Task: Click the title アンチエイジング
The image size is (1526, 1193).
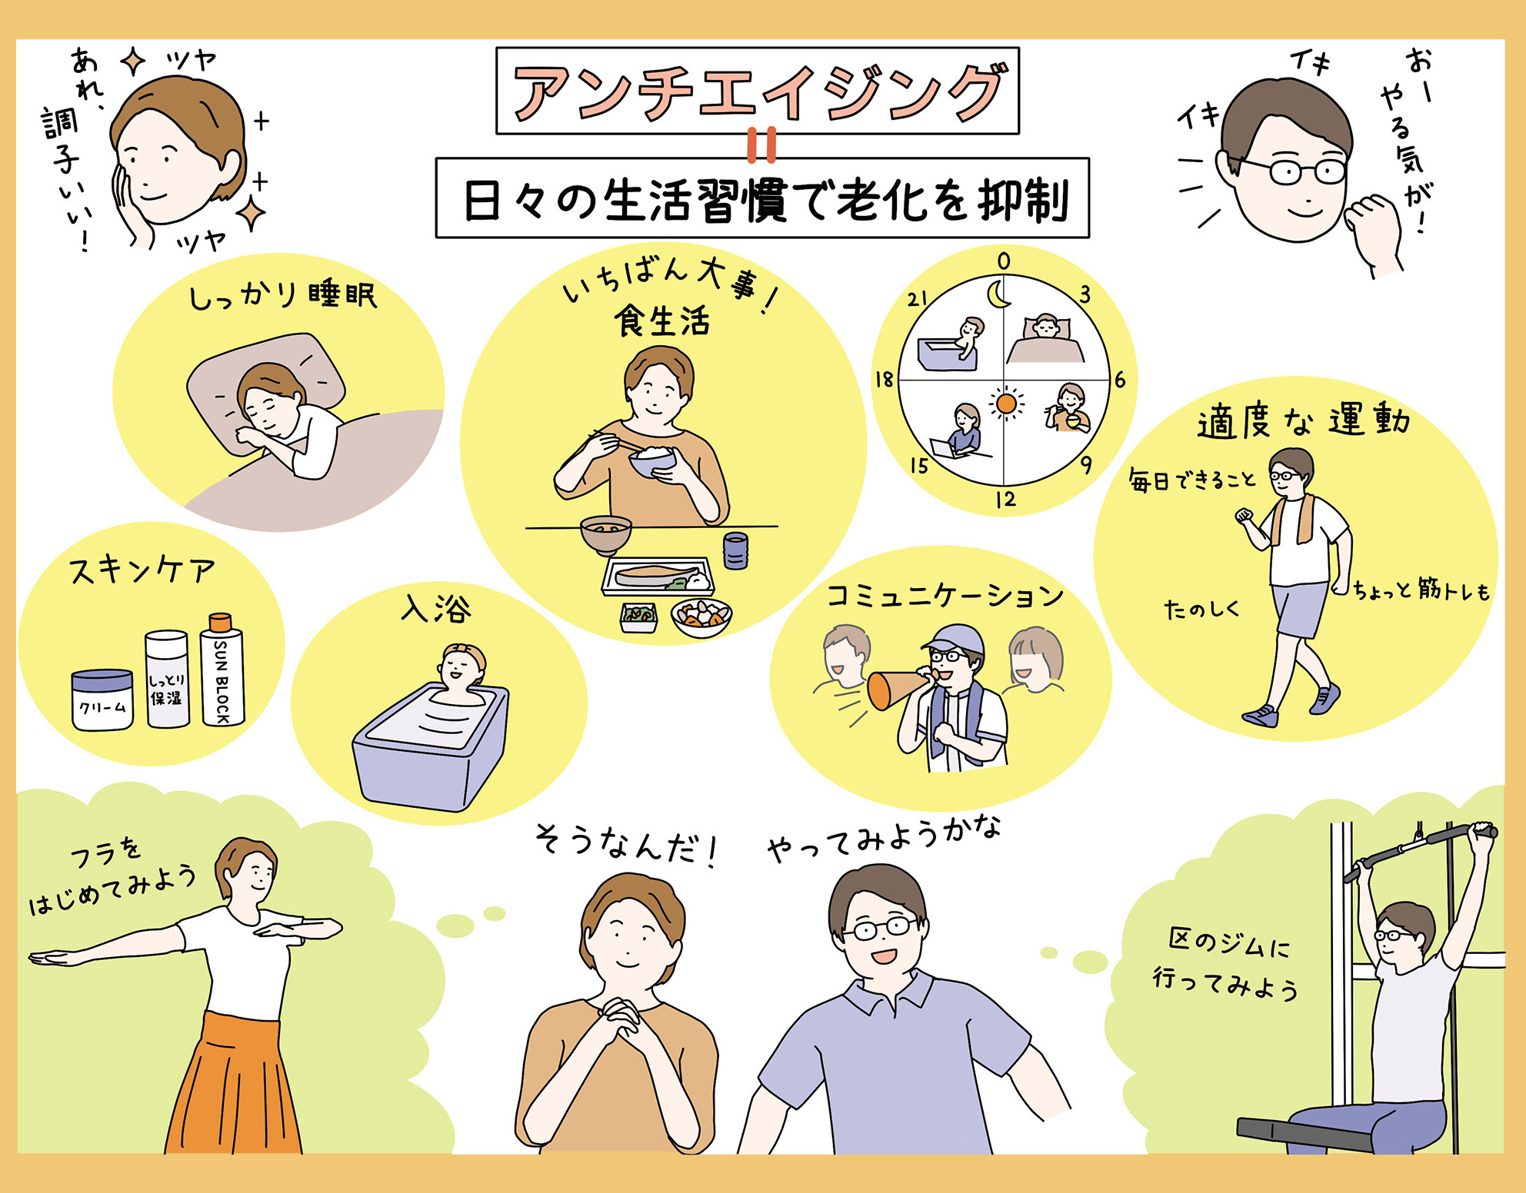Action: (x=758, y=91)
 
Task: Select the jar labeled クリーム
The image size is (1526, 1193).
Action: (x=102, y=700)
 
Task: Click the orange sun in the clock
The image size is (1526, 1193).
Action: (x=1005, y=404)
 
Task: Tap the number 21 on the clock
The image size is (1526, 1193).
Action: (x=917, y=298)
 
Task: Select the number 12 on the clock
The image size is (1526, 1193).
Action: (x=1005, y=500)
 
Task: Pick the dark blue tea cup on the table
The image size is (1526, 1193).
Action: (x=735, y=550)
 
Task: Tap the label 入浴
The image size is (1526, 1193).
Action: (x=435, y=609)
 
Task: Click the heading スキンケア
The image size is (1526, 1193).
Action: (x=142, y=570)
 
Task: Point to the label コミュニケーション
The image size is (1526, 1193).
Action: (x=945, y=596)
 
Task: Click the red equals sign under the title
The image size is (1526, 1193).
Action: (x=761, y=146)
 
